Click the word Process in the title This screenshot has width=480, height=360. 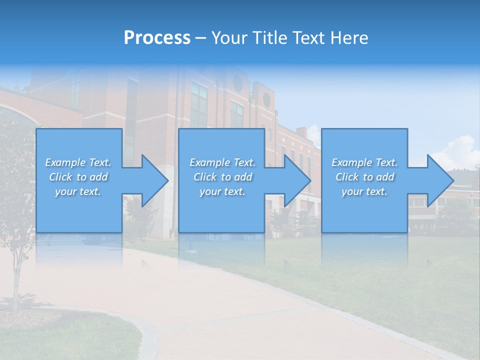coord(157,38)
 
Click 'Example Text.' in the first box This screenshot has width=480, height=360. coord(78,162)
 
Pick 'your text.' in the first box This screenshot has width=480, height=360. coord(78,191)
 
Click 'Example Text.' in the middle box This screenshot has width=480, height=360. coord(222,162)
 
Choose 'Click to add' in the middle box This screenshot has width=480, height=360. coord(222,177)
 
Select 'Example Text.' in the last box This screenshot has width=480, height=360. coord(364,162)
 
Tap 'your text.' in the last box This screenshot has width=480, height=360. coord(364,191)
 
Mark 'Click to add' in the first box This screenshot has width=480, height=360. coord(78,177)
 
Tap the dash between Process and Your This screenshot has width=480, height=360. coord(200,38)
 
